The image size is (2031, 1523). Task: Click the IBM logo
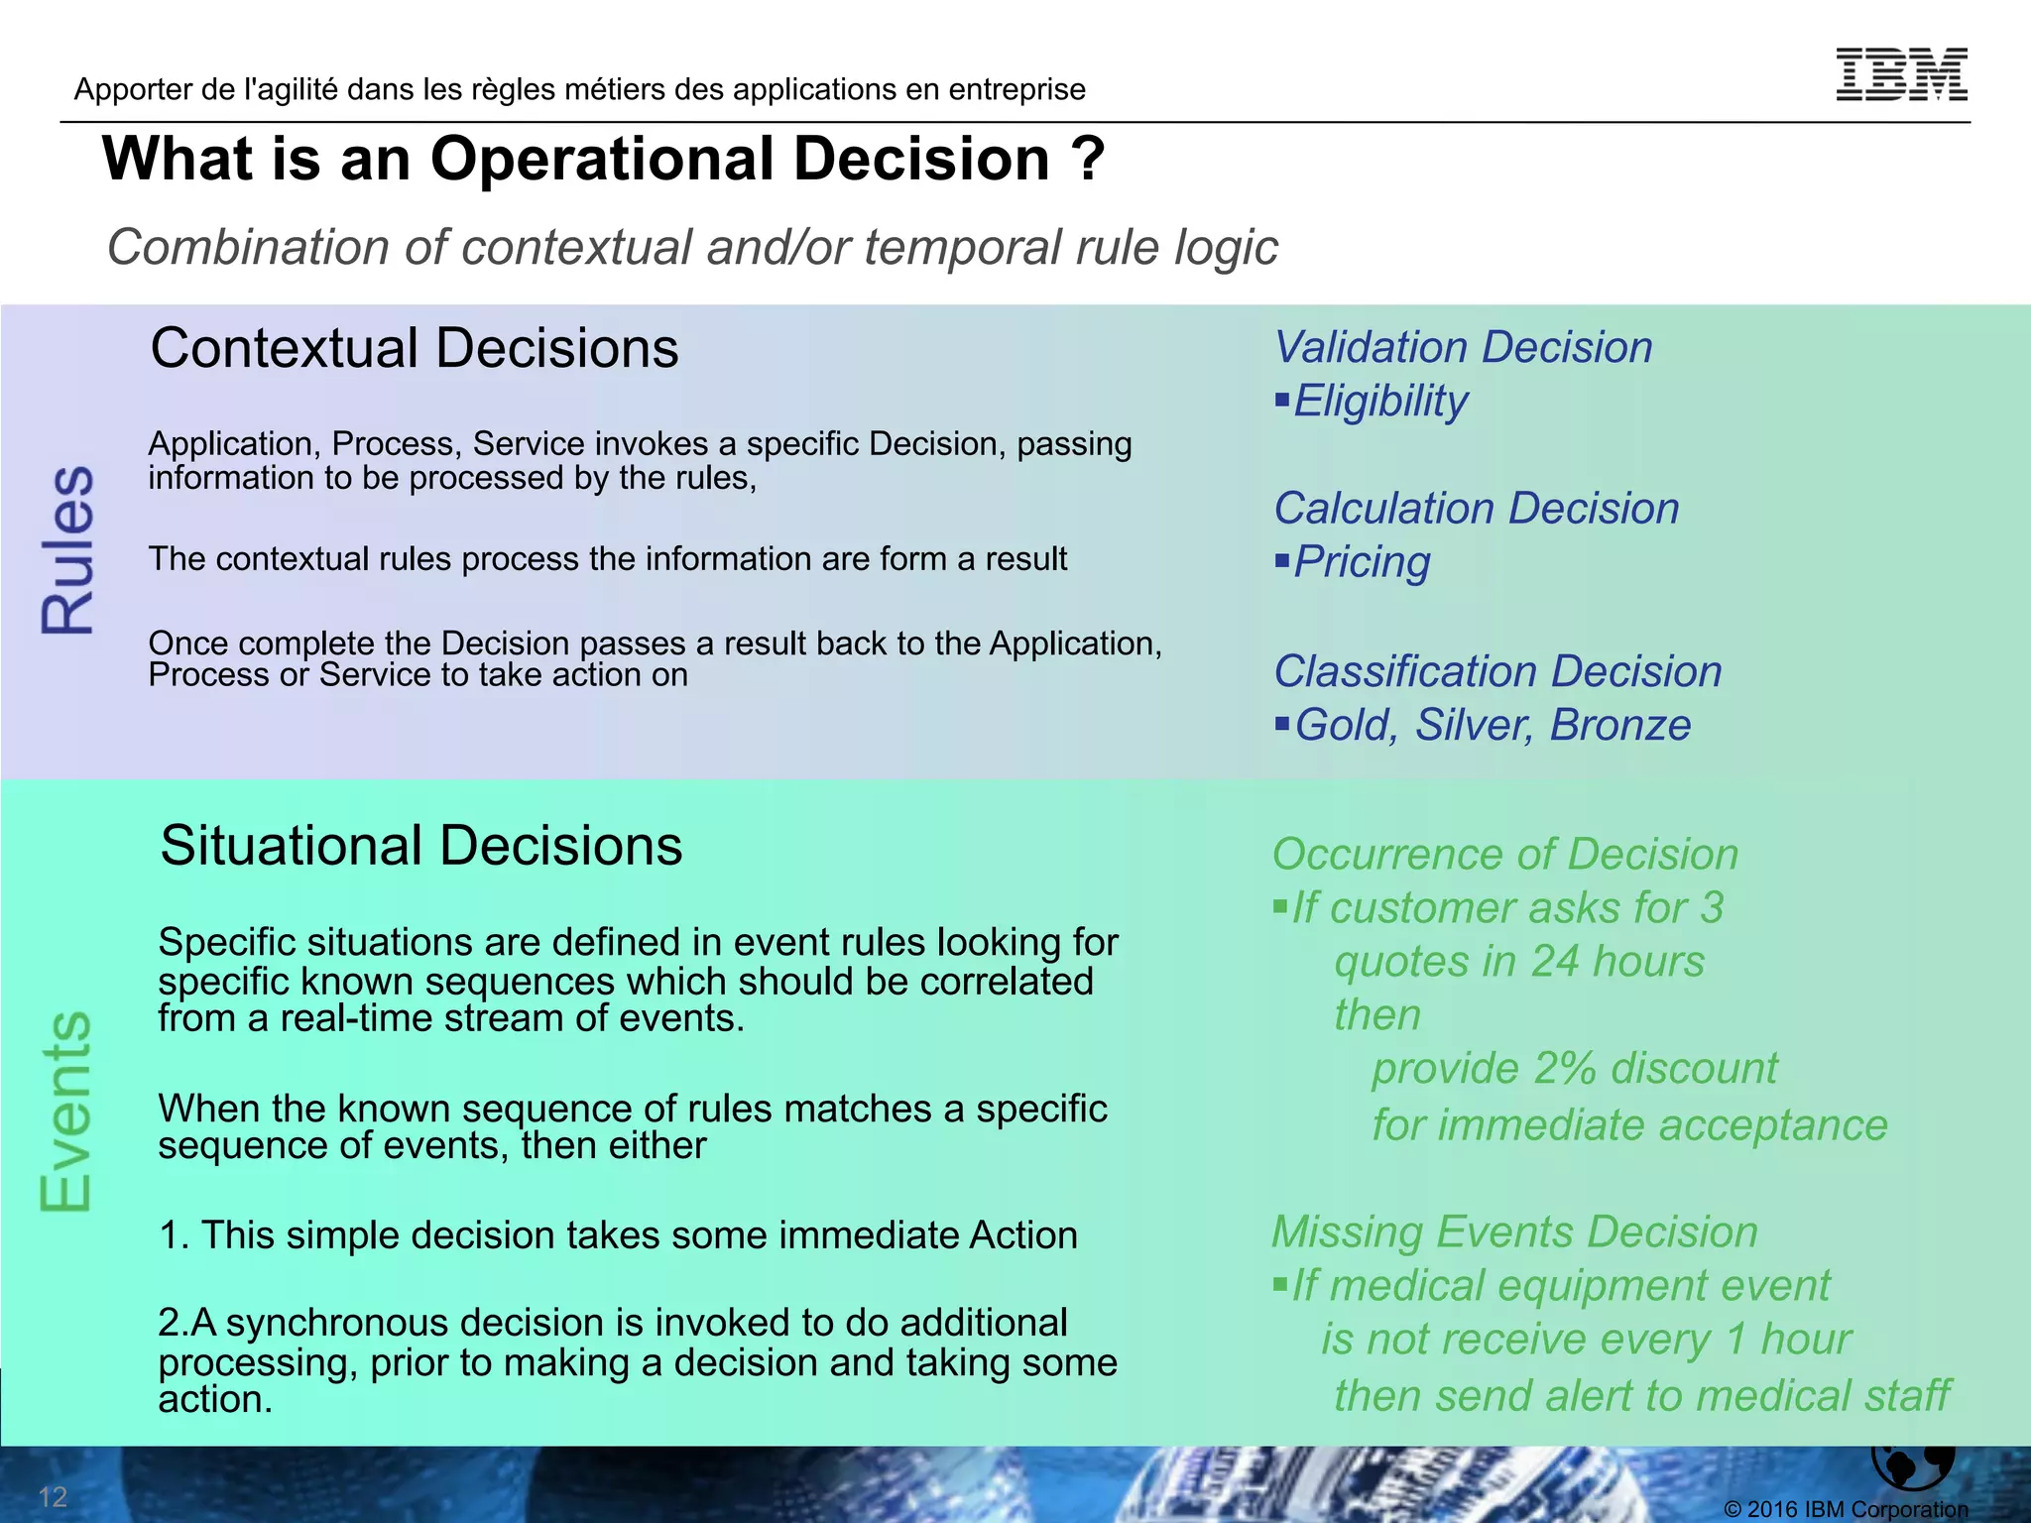click(x=1901, y=74)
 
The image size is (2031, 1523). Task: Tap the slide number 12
click(x=53, y=1496)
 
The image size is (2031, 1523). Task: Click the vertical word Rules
click(x=67, y=549)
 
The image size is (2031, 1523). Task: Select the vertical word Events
click(x=65, y=1112)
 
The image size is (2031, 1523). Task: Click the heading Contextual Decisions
click(x=414, y=348)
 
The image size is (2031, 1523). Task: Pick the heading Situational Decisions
click(x=420, y=846)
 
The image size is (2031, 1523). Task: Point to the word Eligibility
click(x=1380, y=402)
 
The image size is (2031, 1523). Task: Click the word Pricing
click(x=1362, y=562)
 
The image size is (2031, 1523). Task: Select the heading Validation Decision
click(x=1463, y=347)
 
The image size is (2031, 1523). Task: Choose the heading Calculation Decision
click(x=1476, y=509)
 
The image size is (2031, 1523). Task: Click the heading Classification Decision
click(x=1497, y=671)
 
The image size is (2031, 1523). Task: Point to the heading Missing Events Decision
click(x=1514, y=1231)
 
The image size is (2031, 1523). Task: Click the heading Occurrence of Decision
click(x=1504, y=854)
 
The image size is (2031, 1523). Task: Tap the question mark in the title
click(x=1087, y=160)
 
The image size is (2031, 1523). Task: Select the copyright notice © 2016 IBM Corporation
click(x=1846, y=1509)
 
